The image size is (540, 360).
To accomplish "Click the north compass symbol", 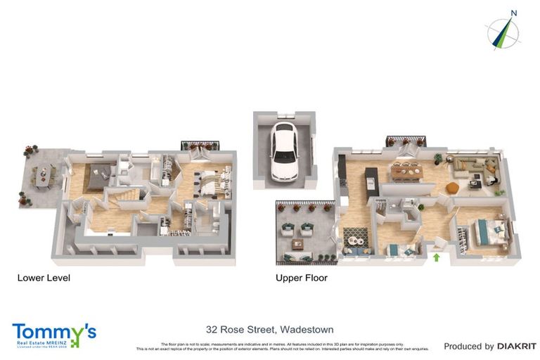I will pos(504,33).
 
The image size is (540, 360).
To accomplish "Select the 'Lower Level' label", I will pos(44,278).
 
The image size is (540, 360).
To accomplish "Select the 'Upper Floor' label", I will pos(302,278).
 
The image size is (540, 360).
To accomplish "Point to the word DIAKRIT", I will pos(517,346).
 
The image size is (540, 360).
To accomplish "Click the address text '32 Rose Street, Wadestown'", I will pos(269,329).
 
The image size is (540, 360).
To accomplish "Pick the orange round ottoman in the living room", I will pos(452,187).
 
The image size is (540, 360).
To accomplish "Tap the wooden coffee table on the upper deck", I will pos(299,245).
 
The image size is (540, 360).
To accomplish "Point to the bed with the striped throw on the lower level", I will pos(211,183).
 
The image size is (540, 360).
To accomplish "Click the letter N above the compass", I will pos(514,13).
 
